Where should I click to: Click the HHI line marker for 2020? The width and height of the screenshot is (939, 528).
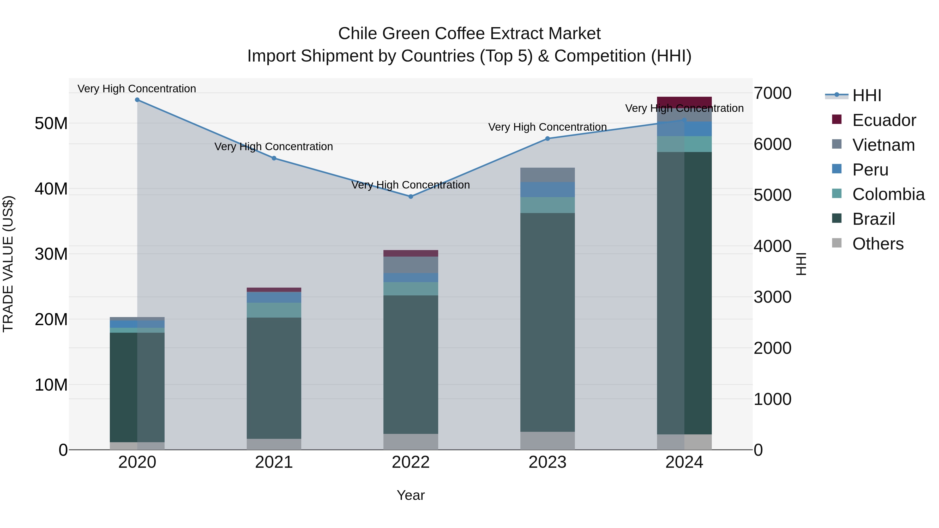tap(137, 100)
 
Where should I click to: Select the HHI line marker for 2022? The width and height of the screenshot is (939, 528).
tap(411, 196)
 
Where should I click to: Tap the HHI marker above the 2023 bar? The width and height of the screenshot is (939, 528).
tap(547, 138)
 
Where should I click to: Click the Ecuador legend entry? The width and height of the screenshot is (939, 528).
tap(884, 120)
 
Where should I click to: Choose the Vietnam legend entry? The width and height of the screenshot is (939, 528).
tap(883, 145)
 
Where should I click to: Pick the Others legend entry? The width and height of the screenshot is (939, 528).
tap(877, 244)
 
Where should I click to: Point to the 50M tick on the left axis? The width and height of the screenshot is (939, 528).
tap(51, 124)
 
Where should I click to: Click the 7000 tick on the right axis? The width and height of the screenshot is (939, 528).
tap(772, 93)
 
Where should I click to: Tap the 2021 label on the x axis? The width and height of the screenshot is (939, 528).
tap(274, 462)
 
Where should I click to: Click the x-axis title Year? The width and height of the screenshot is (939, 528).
tap(411, 495)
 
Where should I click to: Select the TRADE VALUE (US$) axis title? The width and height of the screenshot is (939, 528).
tap(8, 264)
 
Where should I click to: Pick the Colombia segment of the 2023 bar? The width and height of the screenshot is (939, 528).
tap(547, 205)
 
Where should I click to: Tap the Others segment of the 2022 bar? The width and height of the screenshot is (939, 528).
tap(411, 442)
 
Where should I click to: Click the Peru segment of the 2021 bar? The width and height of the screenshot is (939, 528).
tap(274, 297)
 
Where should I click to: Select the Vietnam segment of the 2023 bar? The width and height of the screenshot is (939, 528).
tap(547, 175)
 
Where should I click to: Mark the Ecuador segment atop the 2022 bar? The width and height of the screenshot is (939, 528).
tap(411, 253)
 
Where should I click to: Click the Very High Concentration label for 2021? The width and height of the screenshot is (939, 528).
tap(274, 147)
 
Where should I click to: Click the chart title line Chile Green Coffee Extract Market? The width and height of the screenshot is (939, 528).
tap(469, 34)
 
